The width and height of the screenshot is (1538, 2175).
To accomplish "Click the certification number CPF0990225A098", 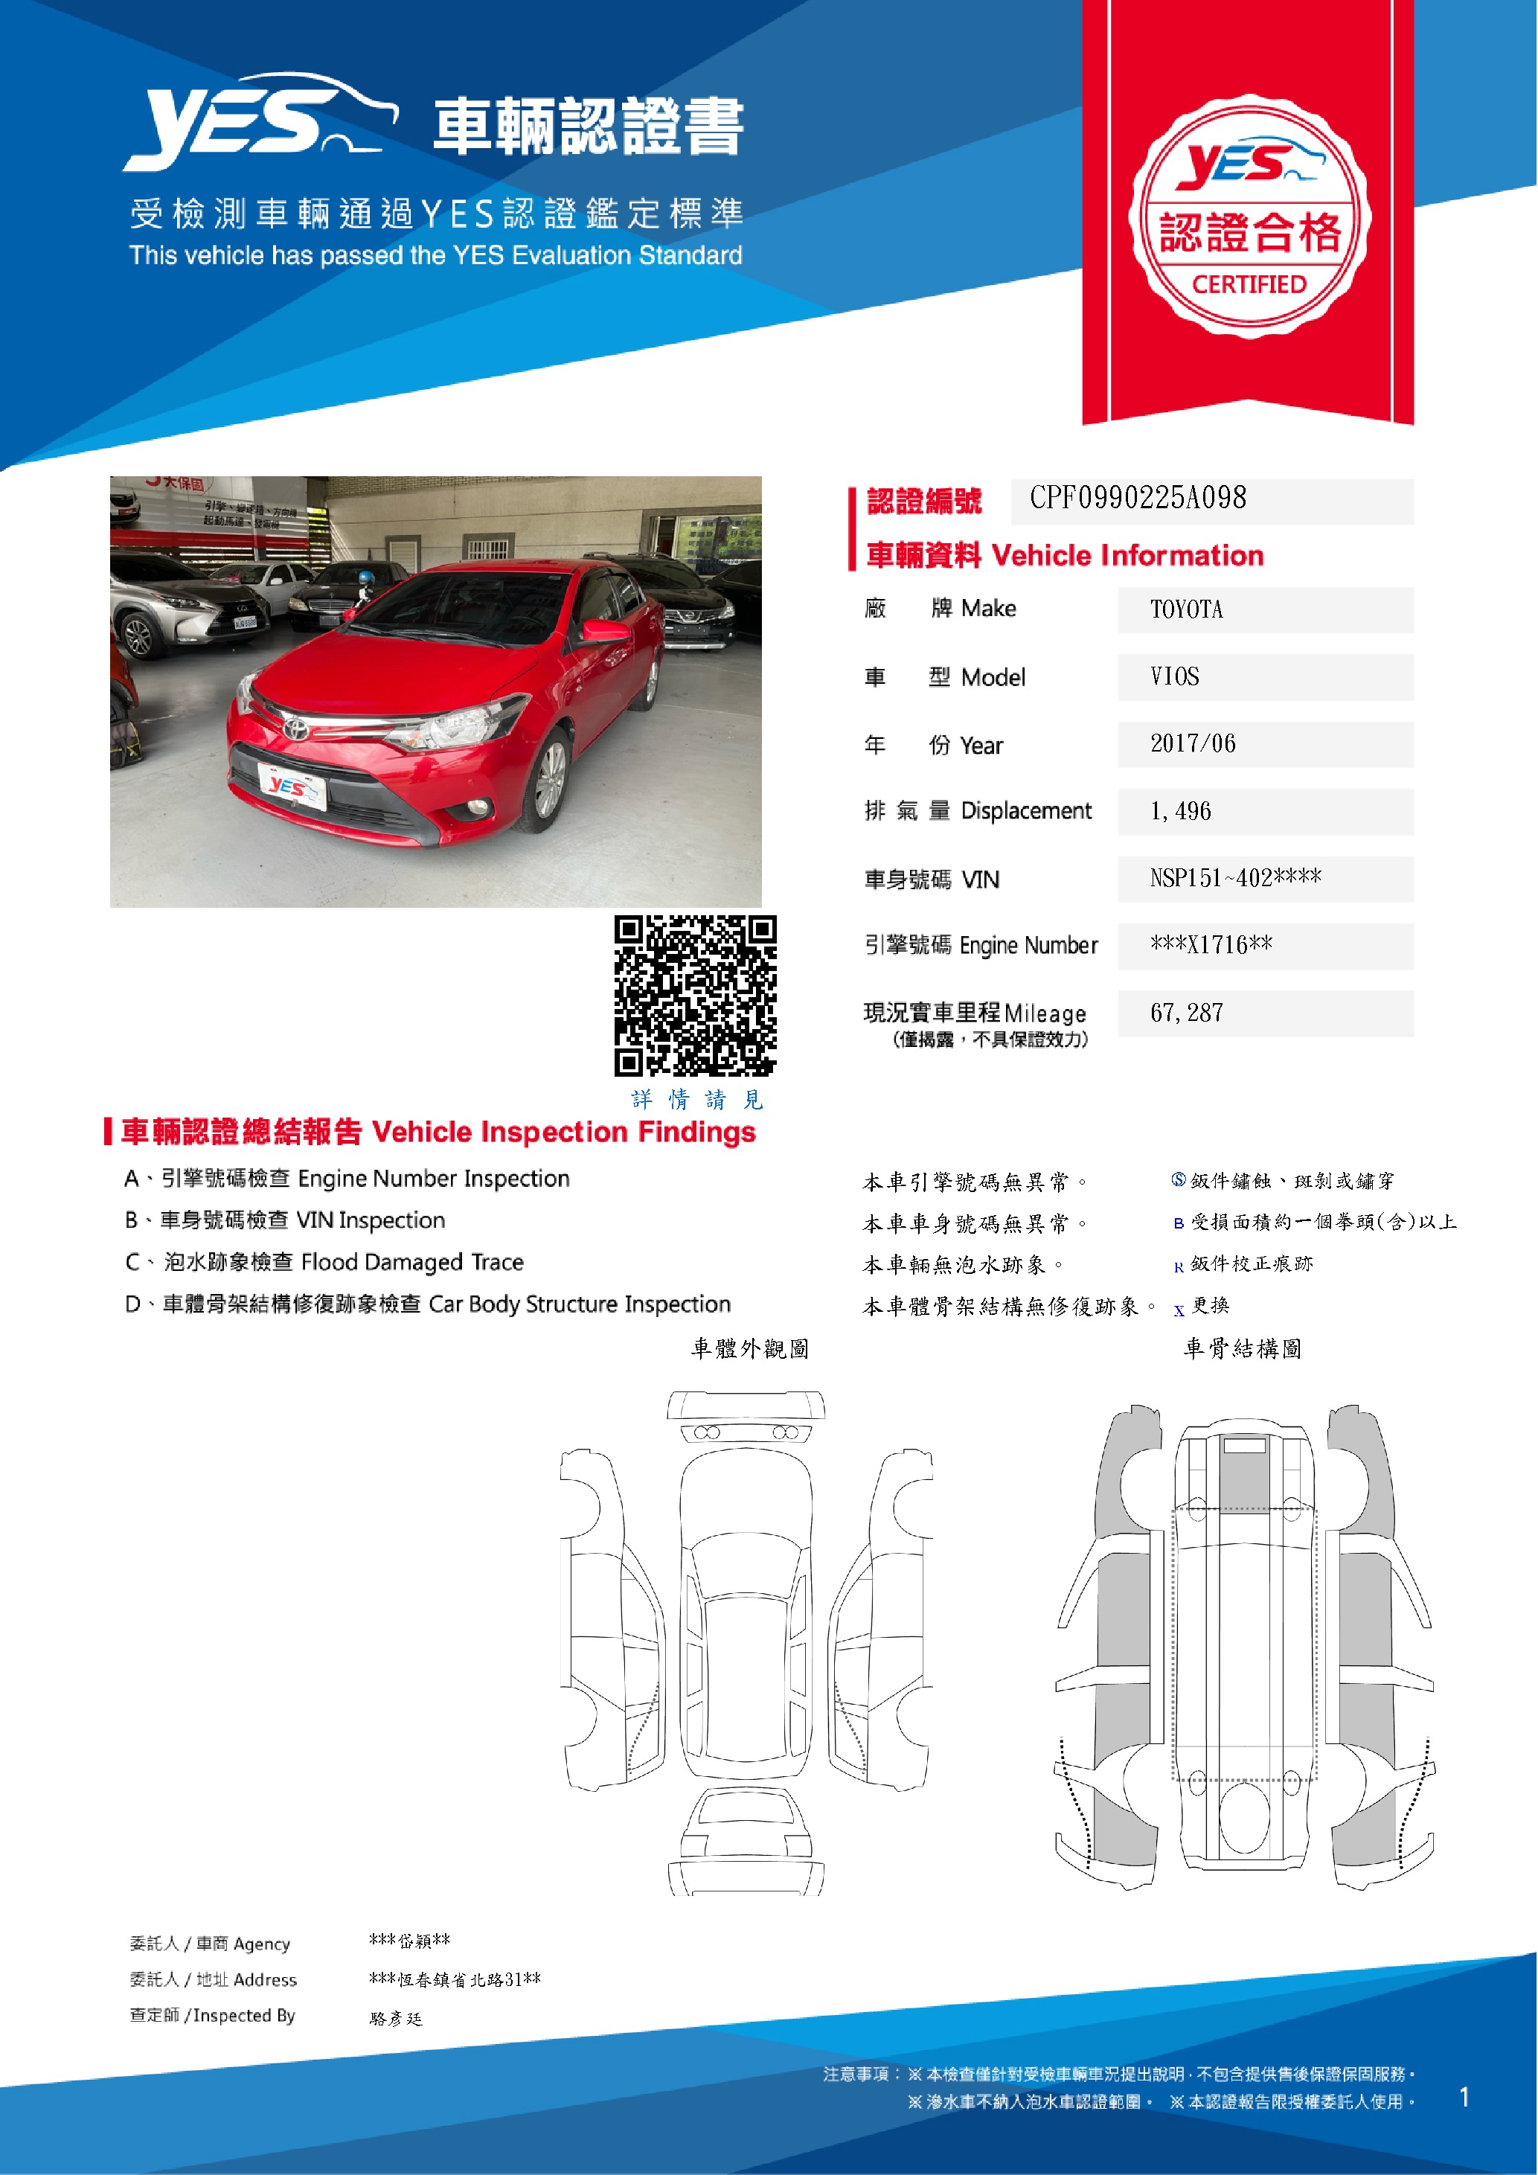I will (x=1138, y=499).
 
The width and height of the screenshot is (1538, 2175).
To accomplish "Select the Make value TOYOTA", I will (x=1186, y=609).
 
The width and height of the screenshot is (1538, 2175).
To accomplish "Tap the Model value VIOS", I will (x=1174, y=676).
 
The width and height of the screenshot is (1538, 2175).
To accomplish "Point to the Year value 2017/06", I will (x=1192, y=743).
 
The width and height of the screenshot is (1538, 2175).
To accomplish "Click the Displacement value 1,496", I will (x=1180, y=811).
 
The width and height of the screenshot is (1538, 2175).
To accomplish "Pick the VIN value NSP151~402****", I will (x=1235, y=878).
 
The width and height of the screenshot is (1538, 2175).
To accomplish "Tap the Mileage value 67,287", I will (x=1187, y=1013).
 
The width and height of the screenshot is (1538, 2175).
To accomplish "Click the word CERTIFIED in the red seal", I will (x=1249, y=284).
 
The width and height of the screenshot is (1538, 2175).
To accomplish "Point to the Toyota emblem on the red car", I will (x=295, y=728).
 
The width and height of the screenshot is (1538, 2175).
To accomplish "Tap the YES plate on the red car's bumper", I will (x=292, y=787).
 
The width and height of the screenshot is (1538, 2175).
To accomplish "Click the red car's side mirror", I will (x=606, y=630).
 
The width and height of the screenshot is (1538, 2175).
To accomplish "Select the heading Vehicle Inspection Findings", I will (x=563, y=1132).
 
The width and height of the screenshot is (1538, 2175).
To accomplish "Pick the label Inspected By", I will (x=243, y=2015).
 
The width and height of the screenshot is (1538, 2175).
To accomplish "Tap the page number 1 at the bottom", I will (x=1464, y=2098).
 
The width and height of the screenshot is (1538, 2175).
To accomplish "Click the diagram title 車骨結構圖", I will (x=1242, y=1348).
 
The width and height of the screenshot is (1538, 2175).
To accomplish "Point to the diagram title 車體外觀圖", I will (x=749, y=1348).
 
